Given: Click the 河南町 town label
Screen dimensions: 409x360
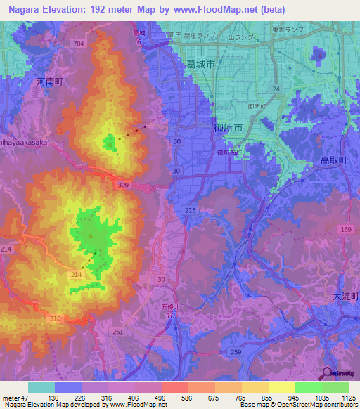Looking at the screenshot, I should tap(50, 82).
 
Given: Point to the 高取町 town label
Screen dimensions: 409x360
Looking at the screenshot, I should tap(333, 161).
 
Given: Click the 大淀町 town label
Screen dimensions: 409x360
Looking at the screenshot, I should tap(345, 297).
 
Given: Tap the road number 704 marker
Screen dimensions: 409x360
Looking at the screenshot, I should tap(78, 44).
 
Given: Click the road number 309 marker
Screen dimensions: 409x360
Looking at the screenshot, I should tap(124, 185).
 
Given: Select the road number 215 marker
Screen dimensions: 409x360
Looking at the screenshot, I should tap(190, 211).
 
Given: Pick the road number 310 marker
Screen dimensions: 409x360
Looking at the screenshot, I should tap(53, 318).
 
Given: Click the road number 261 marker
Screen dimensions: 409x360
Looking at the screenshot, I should tap(117, 332).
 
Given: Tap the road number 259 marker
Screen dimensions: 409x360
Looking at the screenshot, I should tap(237, 351).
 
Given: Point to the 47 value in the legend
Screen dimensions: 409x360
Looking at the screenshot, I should tap(26, 397).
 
